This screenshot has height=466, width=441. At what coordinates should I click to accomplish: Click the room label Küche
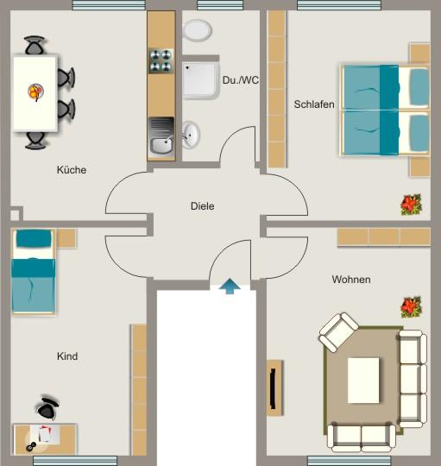click(x=72, y=170)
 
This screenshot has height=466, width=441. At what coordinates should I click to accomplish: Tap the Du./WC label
click(x=240, y=80)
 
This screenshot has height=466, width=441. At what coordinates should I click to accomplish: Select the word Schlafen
click(x=314, y=104)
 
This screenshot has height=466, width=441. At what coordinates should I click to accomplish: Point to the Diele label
click(x=202, y=206)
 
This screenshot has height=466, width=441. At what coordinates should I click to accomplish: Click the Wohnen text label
click(x=351, y=280)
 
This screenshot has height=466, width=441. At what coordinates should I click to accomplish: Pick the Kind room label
click(x=67, y=356)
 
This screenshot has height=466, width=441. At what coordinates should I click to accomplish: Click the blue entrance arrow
click(x=230, y=287)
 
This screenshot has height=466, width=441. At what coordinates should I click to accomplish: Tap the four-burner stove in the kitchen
click(x=161, y=60)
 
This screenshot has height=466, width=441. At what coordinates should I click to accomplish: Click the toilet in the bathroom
click(x=198, y=30)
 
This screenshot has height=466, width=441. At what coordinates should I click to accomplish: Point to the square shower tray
click(x=200, y=79)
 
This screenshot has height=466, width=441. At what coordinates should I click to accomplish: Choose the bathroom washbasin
click(x=190, y=135)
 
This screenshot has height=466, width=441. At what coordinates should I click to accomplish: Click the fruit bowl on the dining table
click(x=35, y=90)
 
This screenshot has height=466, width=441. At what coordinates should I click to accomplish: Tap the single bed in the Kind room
click(x=33, y=271)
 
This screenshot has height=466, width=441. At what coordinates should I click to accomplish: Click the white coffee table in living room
click(x=363, y=381)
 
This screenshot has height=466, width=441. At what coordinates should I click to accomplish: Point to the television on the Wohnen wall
click(x=274, y=387)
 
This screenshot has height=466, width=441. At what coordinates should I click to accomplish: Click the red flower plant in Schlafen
click(x=409, y=205)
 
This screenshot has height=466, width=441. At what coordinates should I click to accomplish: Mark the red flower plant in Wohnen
click(x=411, y=306)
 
